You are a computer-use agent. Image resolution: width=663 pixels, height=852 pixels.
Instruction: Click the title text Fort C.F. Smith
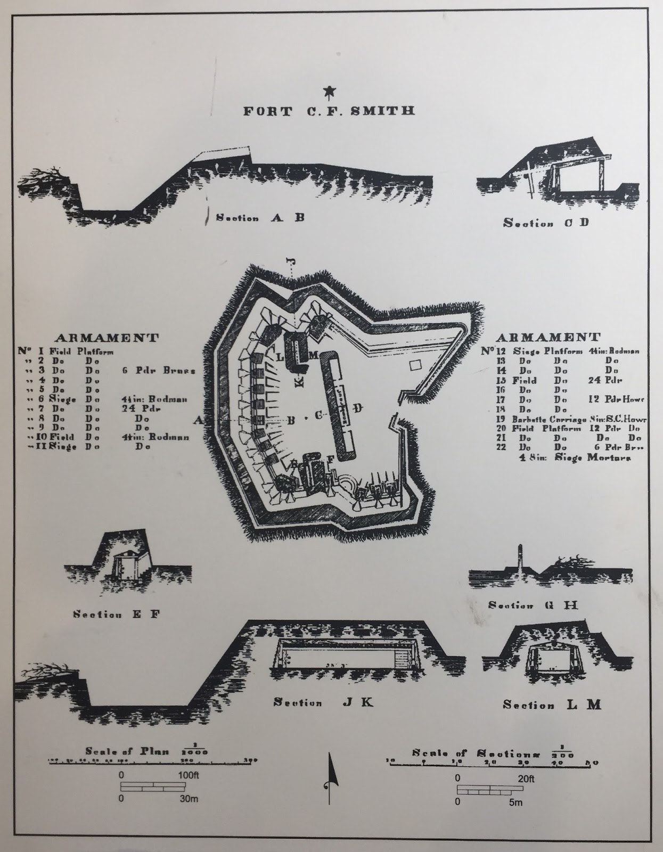(329, 111)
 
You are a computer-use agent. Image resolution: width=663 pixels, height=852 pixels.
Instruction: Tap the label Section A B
(260, 217)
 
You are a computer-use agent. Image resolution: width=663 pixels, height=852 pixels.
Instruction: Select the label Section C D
(546, 223)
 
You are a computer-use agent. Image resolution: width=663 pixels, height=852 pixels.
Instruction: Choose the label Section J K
(323, 702)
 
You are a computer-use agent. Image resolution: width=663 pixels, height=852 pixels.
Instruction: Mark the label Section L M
(552, 705)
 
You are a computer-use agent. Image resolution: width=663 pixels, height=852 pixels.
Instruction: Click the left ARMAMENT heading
(107, 338)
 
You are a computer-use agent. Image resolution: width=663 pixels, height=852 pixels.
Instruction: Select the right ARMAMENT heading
(549, 337)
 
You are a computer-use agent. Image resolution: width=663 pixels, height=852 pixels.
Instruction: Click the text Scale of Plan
(127, 751)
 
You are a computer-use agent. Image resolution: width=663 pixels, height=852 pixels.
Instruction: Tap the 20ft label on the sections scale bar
(527, 779)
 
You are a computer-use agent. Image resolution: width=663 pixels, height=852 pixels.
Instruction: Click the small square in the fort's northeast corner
(415, 365)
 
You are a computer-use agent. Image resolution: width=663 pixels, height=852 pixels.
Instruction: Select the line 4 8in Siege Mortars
(576, 457)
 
